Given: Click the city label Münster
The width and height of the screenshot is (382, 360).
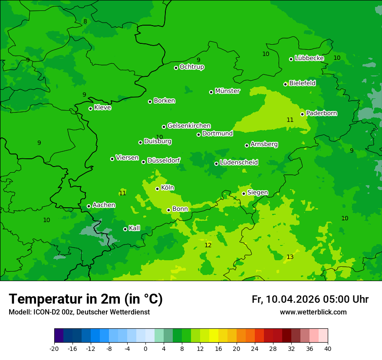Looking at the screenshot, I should coord(227,91).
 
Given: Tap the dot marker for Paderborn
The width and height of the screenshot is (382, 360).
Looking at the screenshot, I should coord(303,114).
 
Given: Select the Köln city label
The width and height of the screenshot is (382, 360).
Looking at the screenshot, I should coord(168,188).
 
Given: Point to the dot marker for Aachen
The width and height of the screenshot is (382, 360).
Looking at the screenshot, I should coord(89,206).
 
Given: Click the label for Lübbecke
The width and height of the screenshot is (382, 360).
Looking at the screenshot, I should coord(310,58).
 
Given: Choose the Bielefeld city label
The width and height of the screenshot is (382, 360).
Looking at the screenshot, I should coord(303,83).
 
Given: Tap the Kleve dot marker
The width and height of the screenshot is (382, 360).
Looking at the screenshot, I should coord(91,108).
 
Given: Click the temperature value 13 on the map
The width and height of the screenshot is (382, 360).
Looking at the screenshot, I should coord(290,257).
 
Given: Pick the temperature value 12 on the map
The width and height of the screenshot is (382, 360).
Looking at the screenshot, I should coord(208,245).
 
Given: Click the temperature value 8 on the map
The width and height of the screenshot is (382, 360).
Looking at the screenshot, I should coord(85,22).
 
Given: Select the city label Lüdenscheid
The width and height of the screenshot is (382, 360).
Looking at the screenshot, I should coord(239,163).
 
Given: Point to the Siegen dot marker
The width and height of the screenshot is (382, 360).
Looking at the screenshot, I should coord(244,193).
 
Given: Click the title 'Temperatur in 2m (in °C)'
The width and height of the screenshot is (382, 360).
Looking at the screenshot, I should coord(86,299).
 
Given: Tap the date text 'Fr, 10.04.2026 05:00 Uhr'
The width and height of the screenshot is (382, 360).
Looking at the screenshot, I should coord(310,299).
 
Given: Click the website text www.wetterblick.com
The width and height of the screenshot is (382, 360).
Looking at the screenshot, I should coord(313,312).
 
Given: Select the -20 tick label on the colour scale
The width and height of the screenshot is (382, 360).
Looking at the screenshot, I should coord(54,349).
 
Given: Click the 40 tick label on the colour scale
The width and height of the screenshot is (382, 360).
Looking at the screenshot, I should coord(328,349).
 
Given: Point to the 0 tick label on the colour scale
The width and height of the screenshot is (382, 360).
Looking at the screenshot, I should coord(145,349).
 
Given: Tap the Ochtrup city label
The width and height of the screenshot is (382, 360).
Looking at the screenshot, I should coord(192,67).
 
